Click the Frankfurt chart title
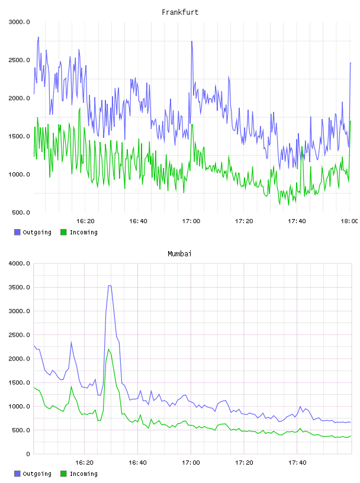coord(180,12)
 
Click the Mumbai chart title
coord(179,254)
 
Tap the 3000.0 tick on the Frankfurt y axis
coord(20,22)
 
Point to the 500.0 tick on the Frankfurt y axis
coord(21,212)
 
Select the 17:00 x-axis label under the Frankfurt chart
coord(191,221)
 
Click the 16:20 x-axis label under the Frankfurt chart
coord(85,221)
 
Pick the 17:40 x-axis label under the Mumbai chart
coord(297,463)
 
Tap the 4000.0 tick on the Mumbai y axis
coord(20,263)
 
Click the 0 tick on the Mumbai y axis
coord(28,454)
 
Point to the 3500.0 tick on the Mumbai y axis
coord(20,288)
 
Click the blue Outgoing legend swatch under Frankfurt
coord(17,232)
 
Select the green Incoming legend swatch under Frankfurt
coord(63,232)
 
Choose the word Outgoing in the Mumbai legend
coord(37,474)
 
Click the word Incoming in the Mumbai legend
coord(83,474)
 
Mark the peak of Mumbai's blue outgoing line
coord(110,285)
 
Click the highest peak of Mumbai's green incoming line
coord(108,349)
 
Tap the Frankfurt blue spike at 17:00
coord(192,41)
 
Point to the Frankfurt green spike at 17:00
coord(192,124)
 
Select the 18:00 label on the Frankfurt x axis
coord(349,221)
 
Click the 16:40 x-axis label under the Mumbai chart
coord(137,463)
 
